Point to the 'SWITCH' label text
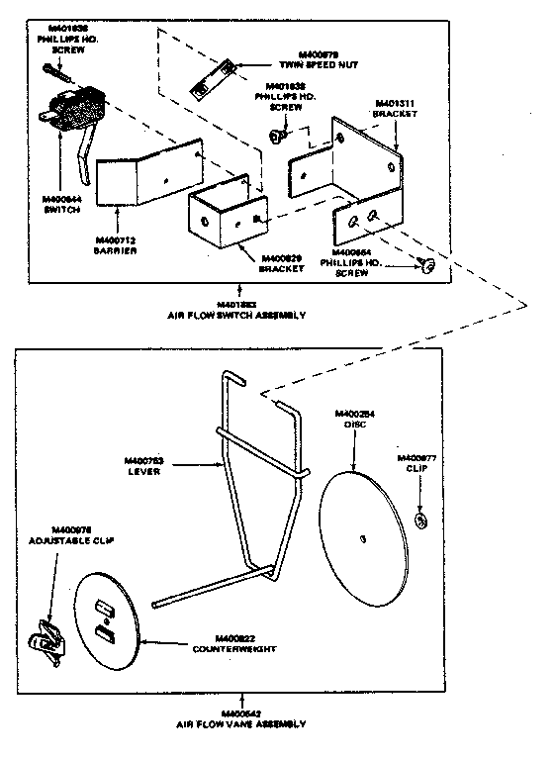61,209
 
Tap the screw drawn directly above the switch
54,72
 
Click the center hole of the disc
364,537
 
